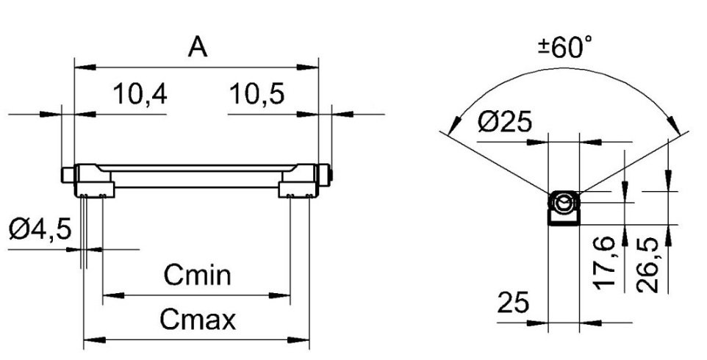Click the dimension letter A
[198, 47]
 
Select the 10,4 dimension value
[140, 95]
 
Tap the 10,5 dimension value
[257, 95]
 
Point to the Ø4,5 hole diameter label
[40, 229]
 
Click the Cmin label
[197, 275]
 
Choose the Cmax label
[198, 320]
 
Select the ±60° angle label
[566, 47]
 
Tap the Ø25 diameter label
[505, 122]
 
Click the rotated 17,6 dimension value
[604, 262]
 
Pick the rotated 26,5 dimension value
[648, 265]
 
